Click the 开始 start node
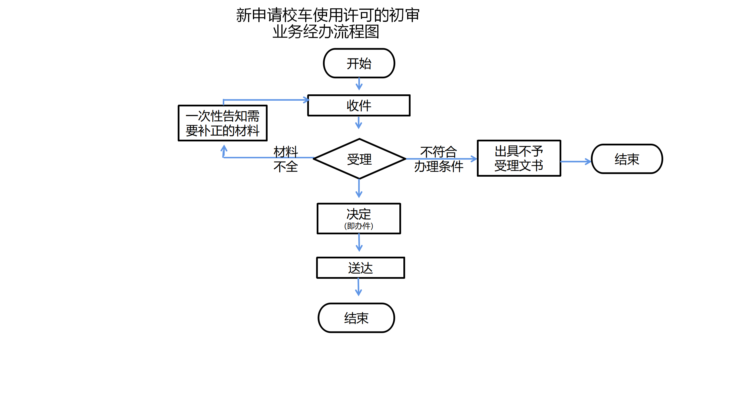coord(359,63)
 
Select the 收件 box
coord(359,106)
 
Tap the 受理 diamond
coord(359,159)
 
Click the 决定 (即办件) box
coord(359,219)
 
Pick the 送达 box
coord(361,268)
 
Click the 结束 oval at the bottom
coord(356,318)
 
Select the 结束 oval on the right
coord(627,159)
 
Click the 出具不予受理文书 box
coord(519,158)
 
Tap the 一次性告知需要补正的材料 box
coord(223,123)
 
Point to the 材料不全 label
coord(286,159)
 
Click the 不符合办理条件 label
coord(438,159)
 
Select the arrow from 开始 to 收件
coord(359,84)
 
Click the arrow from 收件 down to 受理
coord(359,122)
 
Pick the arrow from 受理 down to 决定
coord(359,189)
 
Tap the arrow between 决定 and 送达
coord(359,243)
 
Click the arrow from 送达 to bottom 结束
coord(358,287)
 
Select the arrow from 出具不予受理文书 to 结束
coord(576,162)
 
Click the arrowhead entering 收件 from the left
coord(306,100)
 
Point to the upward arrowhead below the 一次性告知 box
coord(224,149)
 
